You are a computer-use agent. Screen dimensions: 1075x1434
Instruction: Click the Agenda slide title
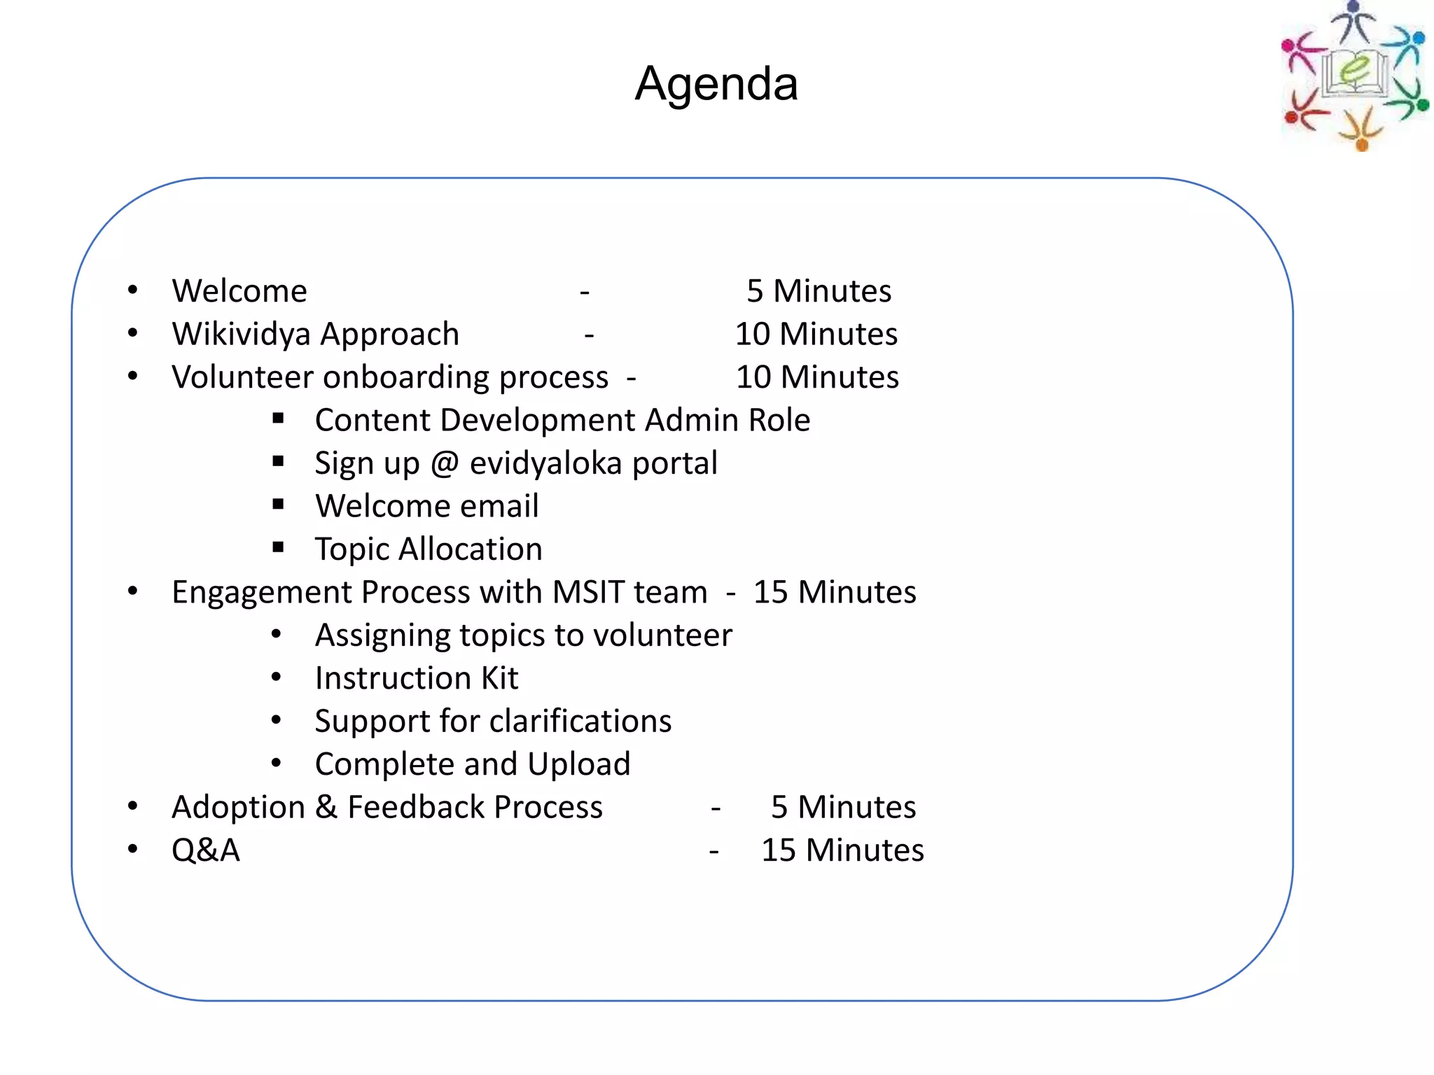(716, 84)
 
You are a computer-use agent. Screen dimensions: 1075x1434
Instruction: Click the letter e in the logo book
(1356, 70)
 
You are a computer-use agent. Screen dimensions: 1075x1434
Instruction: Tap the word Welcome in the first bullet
(239, 291)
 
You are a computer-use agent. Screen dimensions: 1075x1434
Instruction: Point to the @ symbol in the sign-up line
(445, 464)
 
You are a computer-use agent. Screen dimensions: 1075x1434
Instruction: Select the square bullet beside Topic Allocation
(279, 547)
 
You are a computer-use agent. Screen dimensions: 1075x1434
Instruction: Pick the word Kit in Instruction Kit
(500, 678)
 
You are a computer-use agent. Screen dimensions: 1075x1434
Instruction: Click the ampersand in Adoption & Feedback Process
(326, 807)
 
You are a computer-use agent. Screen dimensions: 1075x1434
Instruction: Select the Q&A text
(206, 850)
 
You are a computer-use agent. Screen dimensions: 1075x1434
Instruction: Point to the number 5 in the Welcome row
(754, 291)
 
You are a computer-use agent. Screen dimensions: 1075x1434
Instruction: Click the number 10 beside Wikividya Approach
(753, 335)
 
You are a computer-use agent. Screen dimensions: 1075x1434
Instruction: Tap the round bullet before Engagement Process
(133, 592)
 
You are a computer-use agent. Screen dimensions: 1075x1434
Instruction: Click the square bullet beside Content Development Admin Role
(279, 419)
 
